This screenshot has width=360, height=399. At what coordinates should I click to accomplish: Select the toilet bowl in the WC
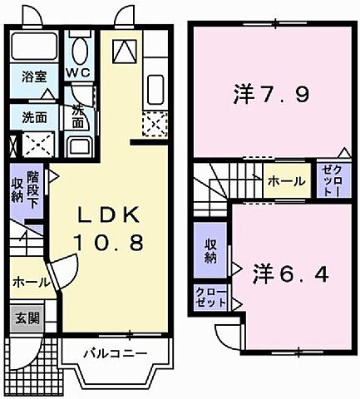point(80,50)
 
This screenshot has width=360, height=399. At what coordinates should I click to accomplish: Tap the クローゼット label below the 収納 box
point(208,297)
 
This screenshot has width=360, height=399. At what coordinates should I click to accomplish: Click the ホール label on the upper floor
point(284,180)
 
